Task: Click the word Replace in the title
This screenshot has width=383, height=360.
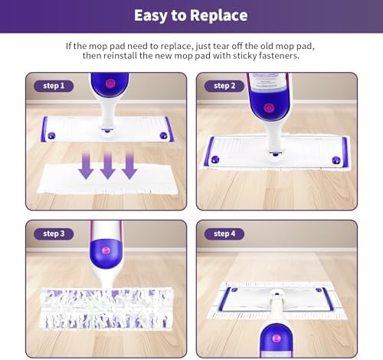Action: [x=219, y=16]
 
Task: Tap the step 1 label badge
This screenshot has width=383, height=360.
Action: [x=54, y=86]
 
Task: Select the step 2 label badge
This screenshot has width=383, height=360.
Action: [x=224, y=86]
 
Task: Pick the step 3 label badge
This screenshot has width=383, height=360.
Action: [x=54, y=234]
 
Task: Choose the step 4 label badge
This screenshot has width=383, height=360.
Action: [x=224, y=234]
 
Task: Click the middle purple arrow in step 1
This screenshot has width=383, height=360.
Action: [x=108, y=165]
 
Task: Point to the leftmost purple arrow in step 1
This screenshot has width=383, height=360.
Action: [x=86, y=165]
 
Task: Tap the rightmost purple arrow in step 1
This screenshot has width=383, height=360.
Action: [x=129, y=165]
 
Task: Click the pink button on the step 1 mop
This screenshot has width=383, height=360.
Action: [x=110, y=83]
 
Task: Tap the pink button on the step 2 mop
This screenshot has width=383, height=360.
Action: [x=268, y=108]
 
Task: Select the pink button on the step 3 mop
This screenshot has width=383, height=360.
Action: [x=106, y=250]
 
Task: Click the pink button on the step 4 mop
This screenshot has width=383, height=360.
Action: [x=276, y=339]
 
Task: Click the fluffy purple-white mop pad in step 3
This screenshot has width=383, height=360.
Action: [x=106, y=308]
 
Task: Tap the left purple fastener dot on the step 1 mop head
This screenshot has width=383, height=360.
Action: [x=51, y=136]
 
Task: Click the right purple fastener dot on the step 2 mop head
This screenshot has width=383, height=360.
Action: [x=336, y=160]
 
